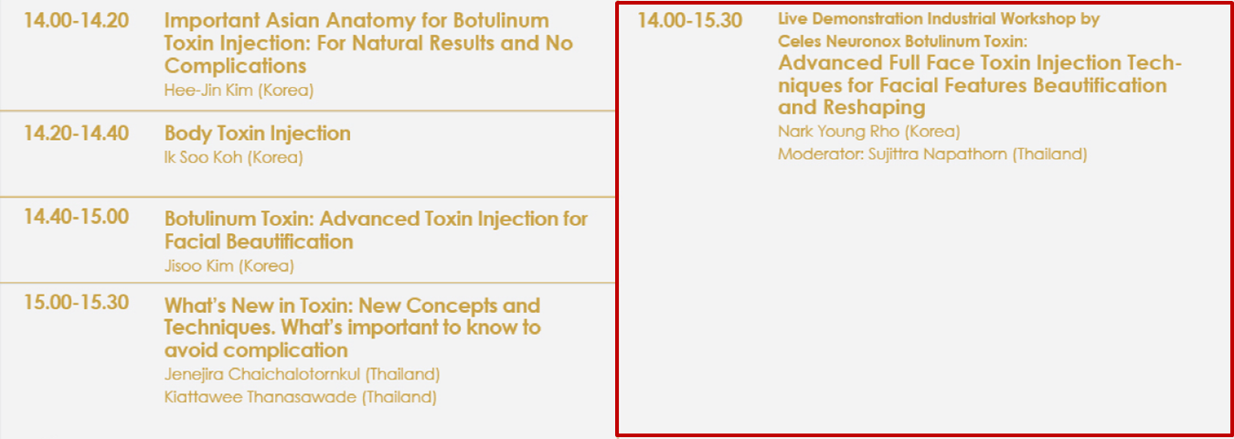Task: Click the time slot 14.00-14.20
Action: coord(76,21)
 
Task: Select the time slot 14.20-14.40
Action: coord(76,134)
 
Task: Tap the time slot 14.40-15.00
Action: coord(76,217)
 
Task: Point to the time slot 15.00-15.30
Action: coord(76,302)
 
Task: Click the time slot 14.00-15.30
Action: coord(690,21)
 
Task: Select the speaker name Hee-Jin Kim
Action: coord(208,90)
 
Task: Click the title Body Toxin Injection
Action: coord(257,134)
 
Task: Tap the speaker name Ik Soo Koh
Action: coord(203,157)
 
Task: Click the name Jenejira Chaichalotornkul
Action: coord(262,374)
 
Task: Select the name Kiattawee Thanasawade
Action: coord(260,397)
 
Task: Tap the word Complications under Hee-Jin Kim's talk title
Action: coord(235,66)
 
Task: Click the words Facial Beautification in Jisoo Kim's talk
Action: coord(259,242)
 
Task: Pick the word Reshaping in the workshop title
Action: coord(874,108)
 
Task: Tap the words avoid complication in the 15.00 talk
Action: coord(256,351)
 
